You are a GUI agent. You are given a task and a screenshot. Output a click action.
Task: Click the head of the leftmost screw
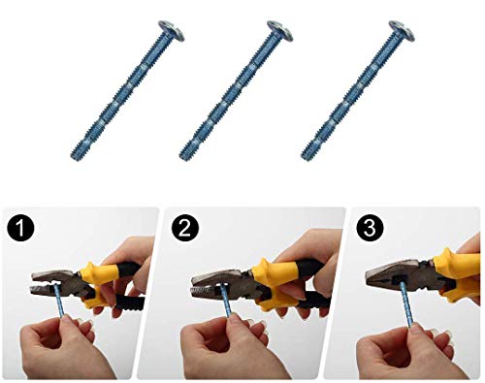pyautogui.click(x=172, y=30)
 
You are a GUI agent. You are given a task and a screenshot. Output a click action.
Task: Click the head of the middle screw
pyautogui.click(x=280, y=30)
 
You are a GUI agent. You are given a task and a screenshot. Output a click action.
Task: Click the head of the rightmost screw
pyautogui.click(x=402, y=30)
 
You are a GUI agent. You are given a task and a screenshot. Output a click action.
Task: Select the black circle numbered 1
pyautogui.click(x=20, y=228)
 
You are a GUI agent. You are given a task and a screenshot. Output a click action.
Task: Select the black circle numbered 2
pyautogui.click(x=185, y=228)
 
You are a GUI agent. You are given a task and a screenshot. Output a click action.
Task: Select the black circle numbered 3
pyautogui.click(x=370, y=228)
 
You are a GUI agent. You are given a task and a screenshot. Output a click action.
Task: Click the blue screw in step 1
pyautogui.click(x=60, y=300)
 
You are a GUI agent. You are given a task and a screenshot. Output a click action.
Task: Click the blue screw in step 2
pyautogui.click(x=227, y=301)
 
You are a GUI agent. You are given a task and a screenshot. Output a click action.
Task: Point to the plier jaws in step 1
pyautogui.click(x=55, y=282)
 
